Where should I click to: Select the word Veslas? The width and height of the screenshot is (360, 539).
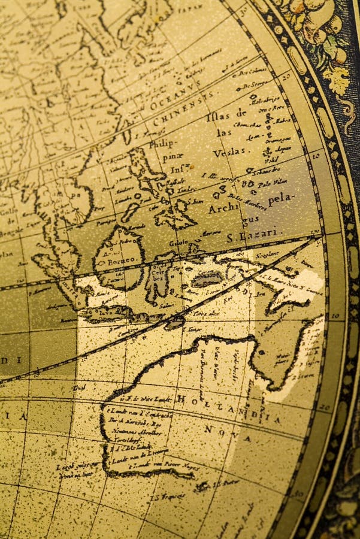click(229, 152)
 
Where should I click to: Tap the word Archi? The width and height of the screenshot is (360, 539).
click(222, 209)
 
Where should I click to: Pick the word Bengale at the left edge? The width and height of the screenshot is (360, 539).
click(8, 230)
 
